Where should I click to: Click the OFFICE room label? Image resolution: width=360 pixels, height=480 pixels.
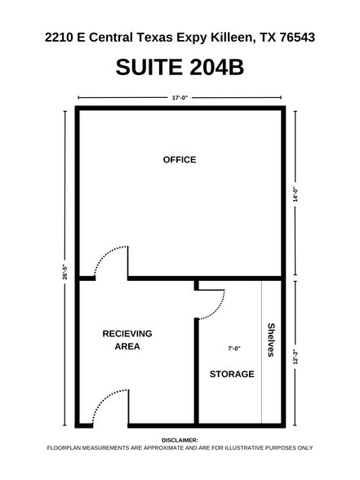(180, 159)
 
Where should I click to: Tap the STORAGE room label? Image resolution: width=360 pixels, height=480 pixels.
(233, 375)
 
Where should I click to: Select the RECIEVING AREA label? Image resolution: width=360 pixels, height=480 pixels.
(127, 340)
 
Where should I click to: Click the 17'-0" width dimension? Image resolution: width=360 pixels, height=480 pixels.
(180, 98)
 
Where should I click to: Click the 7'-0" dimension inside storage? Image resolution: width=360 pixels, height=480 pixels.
(233, 349)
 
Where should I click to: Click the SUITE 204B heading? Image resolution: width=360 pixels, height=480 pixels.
(180, 67)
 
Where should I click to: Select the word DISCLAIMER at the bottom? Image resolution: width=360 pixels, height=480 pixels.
(180, 439)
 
